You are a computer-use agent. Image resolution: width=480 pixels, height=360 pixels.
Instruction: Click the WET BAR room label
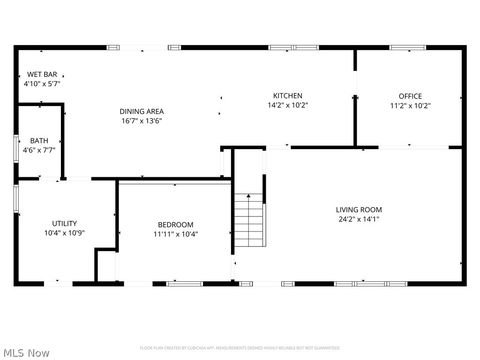42,74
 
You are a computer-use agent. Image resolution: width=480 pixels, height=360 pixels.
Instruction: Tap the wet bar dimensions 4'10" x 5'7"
42,84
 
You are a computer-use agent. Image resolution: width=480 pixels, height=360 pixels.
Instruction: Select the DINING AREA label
142,111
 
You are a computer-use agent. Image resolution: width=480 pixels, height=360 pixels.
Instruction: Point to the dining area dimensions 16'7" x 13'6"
142,121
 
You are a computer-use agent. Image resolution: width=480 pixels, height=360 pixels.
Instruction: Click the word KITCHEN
288,95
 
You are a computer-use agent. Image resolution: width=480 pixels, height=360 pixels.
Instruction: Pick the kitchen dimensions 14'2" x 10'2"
288,105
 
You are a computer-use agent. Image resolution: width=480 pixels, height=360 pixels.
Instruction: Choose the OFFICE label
411,96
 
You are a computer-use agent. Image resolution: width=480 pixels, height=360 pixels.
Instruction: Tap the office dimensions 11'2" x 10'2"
411,106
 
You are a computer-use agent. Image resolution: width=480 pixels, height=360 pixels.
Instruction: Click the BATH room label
39,141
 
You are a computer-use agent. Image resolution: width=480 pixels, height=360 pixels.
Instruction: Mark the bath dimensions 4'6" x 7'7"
39,151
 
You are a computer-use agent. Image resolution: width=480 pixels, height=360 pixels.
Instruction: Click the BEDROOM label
175,224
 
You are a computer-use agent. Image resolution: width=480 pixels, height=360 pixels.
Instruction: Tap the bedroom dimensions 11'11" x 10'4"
175,234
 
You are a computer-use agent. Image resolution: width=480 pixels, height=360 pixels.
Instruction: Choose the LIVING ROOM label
359,210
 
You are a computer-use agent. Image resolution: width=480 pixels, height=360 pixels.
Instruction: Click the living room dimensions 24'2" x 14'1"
359,220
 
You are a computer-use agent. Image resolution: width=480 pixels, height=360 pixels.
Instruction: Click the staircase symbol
250,221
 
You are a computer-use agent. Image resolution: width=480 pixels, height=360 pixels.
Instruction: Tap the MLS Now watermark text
27,352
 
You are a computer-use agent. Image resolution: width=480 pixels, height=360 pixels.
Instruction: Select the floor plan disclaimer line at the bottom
240,348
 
